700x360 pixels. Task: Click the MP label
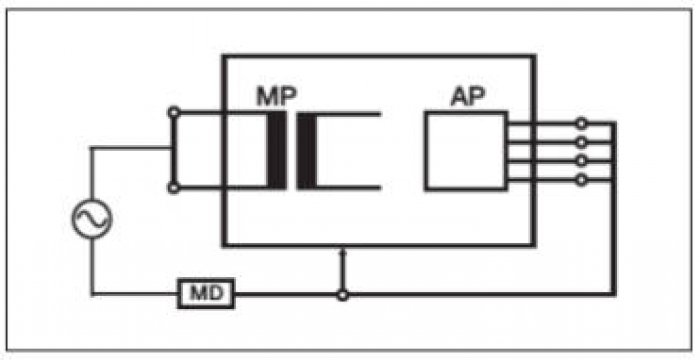pos(276,96)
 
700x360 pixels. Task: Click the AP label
pos(467,96)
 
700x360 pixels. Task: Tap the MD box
pos(206,294)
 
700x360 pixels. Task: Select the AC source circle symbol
pos(92,219)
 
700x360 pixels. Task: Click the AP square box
pos(466,151)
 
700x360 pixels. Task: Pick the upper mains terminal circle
pos(174,113)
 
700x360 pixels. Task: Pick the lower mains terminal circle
pos(174,188)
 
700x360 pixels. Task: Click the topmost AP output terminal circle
pos(581,123)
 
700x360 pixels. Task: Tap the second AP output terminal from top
pos(581,142)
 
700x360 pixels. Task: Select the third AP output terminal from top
pos(581,161)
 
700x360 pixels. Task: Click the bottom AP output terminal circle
pos(581,180)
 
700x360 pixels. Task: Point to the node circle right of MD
pos(342,295)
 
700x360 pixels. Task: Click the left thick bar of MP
pos(277,150)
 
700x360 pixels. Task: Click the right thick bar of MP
pos(307,150)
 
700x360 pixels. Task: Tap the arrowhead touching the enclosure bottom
pos(343,252)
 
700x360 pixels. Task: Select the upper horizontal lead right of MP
pos(348,114)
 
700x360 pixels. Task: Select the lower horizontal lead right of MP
pos(348,188)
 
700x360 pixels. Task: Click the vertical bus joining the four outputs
pos(613,209)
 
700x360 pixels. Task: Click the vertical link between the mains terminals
pos(174,150)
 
